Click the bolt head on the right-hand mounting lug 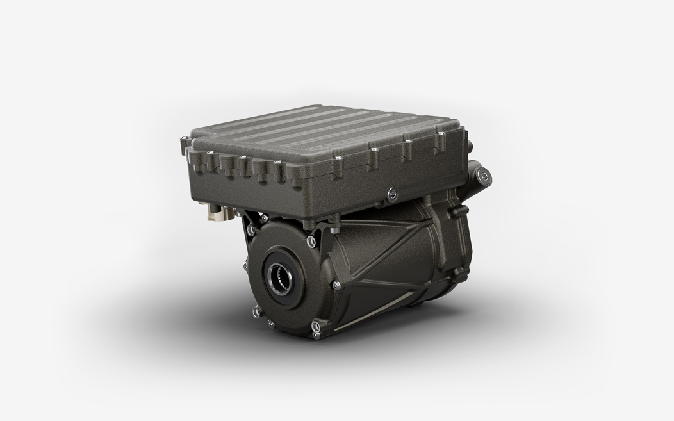click(484, 173)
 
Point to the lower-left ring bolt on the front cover click(256, 312)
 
